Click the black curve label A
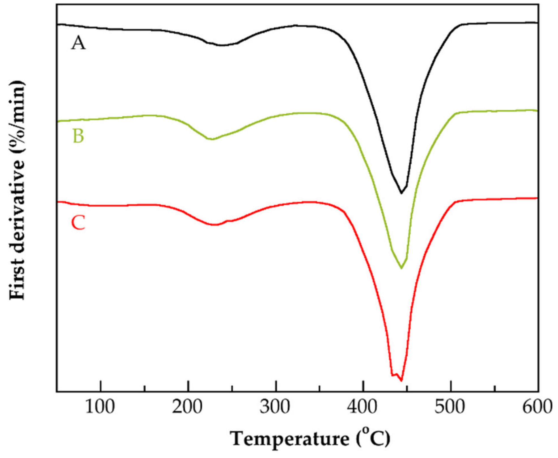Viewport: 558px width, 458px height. [x=78, y=44]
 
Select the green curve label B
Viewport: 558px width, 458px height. [x=78, y=136]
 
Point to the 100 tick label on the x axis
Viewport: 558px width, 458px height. [x=100, y=407]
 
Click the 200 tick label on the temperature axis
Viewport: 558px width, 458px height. [x=187, y=407]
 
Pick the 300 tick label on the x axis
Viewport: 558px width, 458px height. [x=275, y=407]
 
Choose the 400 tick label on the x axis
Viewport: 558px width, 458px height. [x=362, y=407]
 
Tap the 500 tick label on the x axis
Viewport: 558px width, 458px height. [x=450, y=407]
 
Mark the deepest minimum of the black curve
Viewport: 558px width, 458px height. [x=401, y=193]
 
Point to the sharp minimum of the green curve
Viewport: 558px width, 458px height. [x=401, y=268]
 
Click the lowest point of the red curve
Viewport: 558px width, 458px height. [x=401, y=380]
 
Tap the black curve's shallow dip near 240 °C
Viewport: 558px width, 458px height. [x=222, y=45]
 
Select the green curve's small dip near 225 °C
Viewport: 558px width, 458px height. [x=211, y=139]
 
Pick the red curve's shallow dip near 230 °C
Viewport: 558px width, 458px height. [x=215, y=225]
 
